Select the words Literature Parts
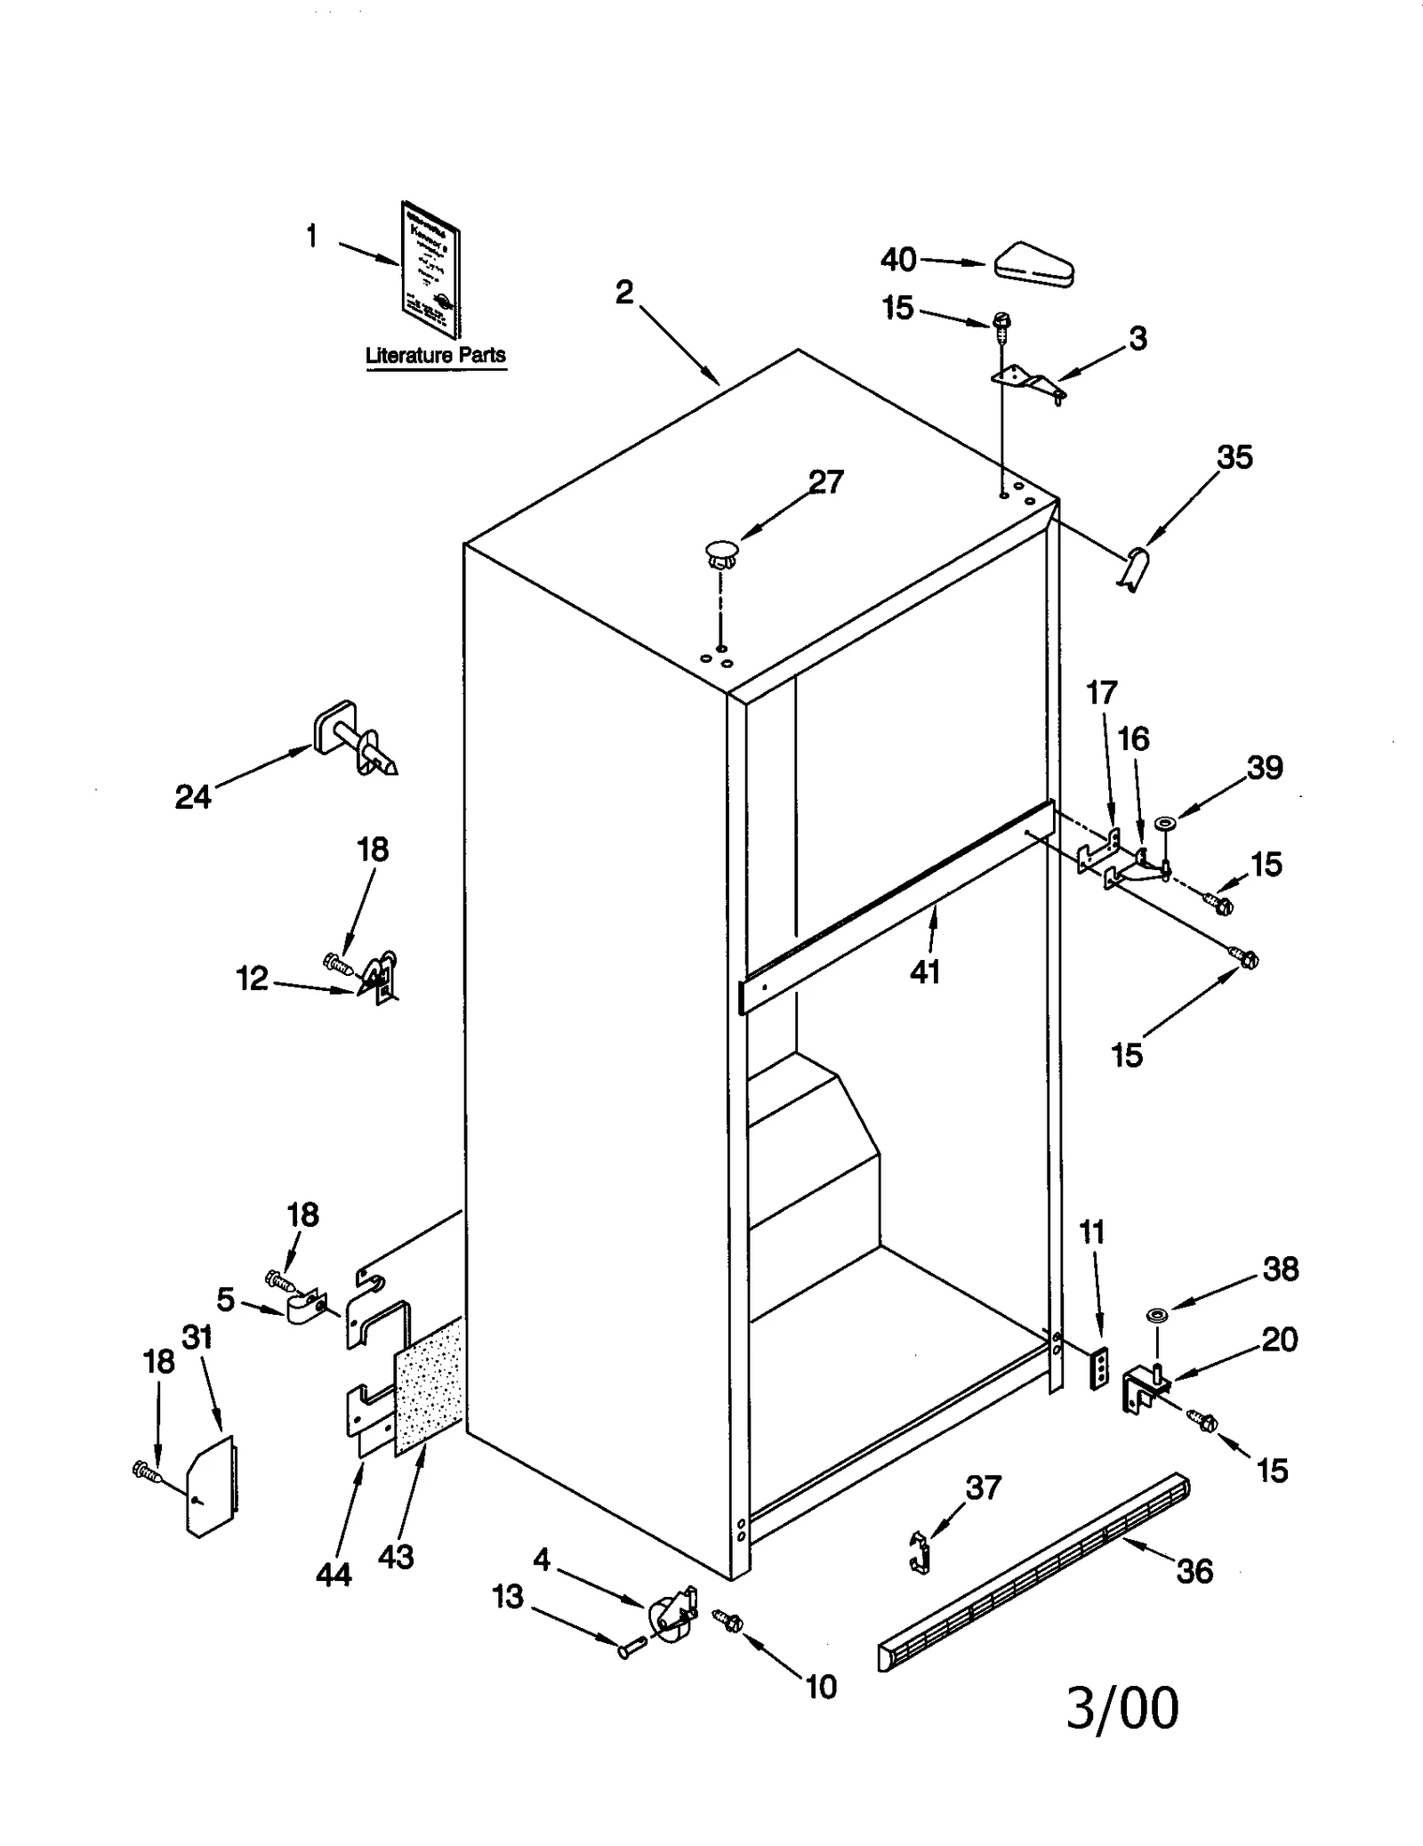tap(436, 355)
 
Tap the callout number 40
tap(898, 260)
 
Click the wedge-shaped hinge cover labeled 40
tap(1034, 265)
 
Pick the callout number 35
tap(1234, 457)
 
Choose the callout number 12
tap(252, 979)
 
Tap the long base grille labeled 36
tap(1032, 1572)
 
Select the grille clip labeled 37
tap(921, 1552)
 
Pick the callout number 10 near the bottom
tap(820, 1686)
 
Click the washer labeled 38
tap(1157, 1314)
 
